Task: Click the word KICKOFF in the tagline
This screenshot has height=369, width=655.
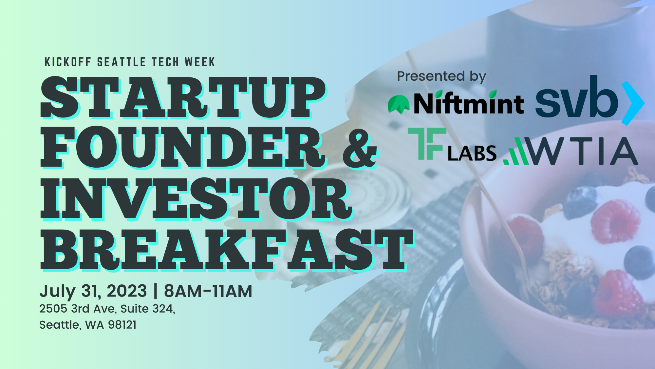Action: tap(68, 62)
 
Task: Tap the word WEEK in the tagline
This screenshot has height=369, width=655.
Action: tap(200, 62)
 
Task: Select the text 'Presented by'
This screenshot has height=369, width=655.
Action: tap(441, 76)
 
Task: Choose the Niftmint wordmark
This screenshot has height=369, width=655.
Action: tap(469, 103)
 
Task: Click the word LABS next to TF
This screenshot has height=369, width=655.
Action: tap(472, 153)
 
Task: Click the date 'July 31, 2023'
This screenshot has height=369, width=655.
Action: tap(93, 291)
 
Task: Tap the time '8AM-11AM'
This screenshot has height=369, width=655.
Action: tap(208, 291)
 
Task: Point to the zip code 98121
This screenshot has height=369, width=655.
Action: tap(122, 325)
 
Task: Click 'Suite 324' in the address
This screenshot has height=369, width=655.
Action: tap(148, 309)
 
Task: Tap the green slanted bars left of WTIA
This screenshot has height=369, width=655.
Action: tap(516, 151)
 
